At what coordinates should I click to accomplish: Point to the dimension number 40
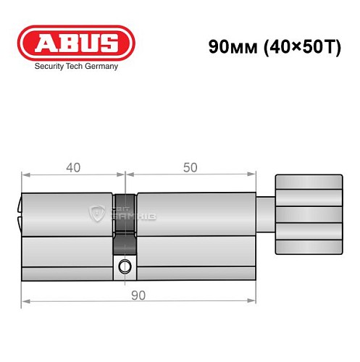(x=73, y=167)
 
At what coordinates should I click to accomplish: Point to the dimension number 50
(x=190, y=167)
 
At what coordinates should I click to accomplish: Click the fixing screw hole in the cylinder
(x=125, y=266)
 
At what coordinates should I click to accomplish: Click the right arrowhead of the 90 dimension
(x=254, y=300)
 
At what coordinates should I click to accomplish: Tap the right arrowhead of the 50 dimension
(x=254, y=174)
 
